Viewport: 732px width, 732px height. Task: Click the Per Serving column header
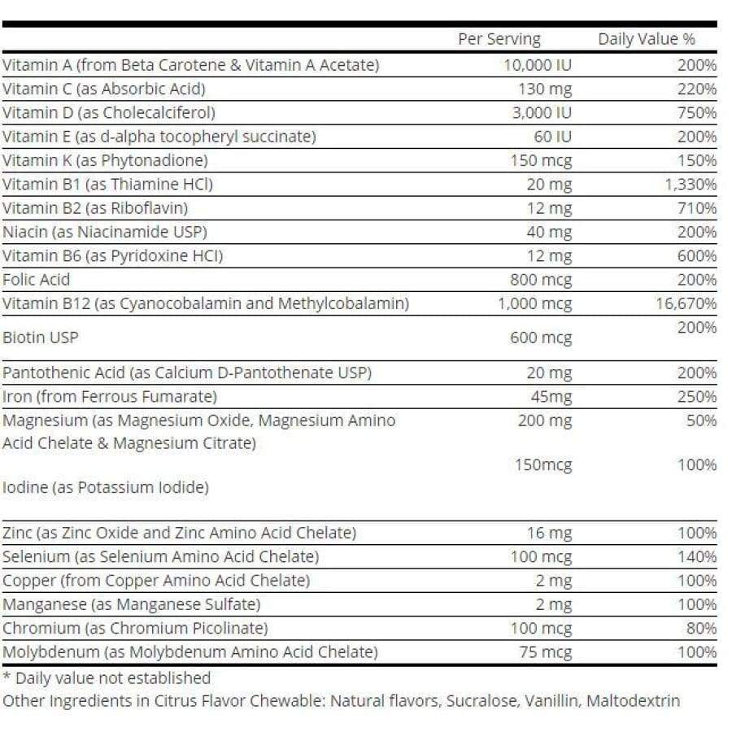[x=499, y=39]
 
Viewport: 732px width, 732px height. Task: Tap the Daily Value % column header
[x=647, y=39]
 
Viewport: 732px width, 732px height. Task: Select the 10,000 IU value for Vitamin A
[x=538, y=65]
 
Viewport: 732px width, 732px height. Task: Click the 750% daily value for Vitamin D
[x=697, y=112]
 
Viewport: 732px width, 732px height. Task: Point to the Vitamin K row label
[x=105, y=160]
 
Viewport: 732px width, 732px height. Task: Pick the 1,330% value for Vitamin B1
[x=691, y=185]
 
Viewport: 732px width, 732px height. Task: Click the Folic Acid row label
[x=37, y=280]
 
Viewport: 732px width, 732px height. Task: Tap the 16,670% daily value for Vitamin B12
[x=687, y=304]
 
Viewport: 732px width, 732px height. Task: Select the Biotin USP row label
[x=41, y=337]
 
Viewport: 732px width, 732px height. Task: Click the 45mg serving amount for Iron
[x=551, y=397]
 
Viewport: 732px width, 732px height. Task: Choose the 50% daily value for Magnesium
[x=701, y=420]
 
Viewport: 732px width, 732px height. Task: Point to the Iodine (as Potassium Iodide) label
[x=106, y=488]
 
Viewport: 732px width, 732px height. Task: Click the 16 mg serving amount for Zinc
[x=549, y=534]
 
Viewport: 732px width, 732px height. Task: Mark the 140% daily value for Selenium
[x=697, y=557]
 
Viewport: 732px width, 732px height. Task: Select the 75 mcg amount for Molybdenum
[x=545, y=652]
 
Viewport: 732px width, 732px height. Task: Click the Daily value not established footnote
[x=107, y=678]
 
